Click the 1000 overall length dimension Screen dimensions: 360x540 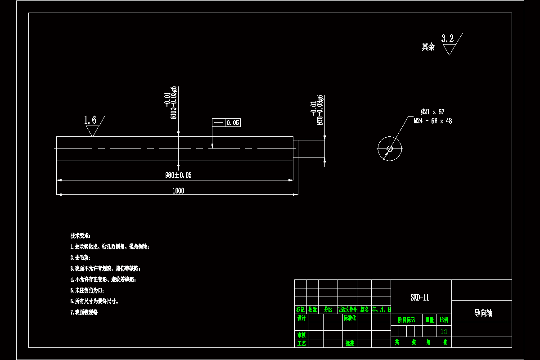pyautogui.click(x=178, y=191)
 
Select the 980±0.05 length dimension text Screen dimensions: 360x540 pyautogui.click(x=178, y=175)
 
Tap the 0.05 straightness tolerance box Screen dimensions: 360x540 pyautogui.click(x=233, y=122)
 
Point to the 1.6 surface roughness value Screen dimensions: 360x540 pyautogui.click(x=90, y=120)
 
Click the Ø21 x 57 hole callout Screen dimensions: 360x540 pyautogui.click(x=432, y=112)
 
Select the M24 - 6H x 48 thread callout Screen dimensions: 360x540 pyautogui.click(x=433, y=121)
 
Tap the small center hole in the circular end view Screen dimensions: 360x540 pyautogui.click(x=390, y=148)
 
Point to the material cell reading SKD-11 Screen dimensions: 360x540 pyautogui.click(x=420, y=297)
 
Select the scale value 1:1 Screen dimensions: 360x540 pyautogui.click(x=444, y=331)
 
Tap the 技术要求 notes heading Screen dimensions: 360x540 pyautogui.click(x=80, y=236)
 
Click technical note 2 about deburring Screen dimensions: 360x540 pyautogui.click(x=81, y=258)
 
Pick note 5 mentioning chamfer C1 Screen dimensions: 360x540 pyautogui.click(x=87, y=290)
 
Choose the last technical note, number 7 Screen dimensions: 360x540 pyautogui.click(x=84, y=312)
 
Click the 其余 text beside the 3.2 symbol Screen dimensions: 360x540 pyautogui.click(x=428, y=47)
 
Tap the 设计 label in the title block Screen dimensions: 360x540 pyautogui.click(x=301, y=318)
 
